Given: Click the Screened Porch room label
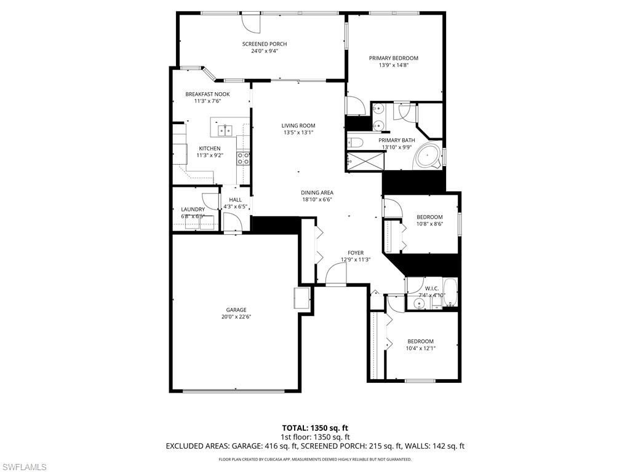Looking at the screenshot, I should (265, 44).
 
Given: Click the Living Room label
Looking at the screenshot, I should (298, 125).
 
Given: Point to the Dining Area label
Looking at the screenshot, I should (317, 192).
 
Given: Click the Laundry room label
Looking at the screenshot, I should (193, 210).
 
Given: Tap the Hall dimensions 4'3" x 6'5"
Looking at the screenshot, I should (235, 206).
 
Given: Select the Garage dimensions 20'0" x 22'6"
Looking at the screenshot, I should (236, 317).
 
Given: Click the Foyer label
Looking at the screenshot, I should (355, 253).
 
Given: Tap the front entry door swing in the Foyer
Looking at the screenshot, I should (335, 273).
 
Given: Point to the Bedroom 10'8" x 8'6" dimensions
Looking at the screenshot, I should (429, 224).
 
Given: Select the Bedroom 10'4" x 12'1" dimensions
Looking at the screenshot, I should (420, 348).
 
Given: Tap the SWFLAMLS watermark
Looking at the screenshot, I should (24, 467).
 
